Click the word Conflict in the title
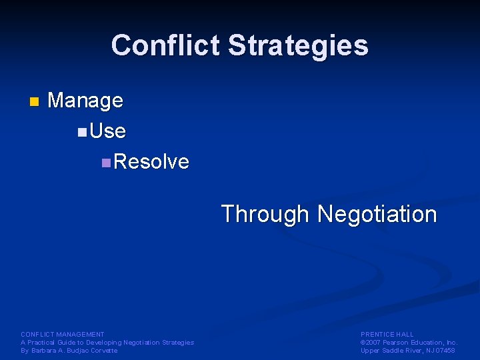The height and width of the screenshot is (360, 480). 166,45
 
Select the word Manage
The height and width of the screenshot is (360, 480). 85,101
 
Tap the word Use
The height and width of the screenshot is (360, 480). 107,131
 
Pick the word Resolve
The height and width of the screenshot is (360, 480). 151,161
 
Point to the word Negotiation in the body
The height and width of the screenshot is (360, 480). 377,215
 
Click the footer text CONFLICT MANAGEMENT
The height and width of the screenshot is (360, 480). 63,334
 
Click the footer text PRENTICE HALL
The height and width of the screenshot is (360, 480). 387,334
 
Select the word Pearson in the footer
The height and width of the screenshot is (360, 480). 399,343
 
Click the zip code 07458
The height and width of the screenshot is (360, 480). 445,351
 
